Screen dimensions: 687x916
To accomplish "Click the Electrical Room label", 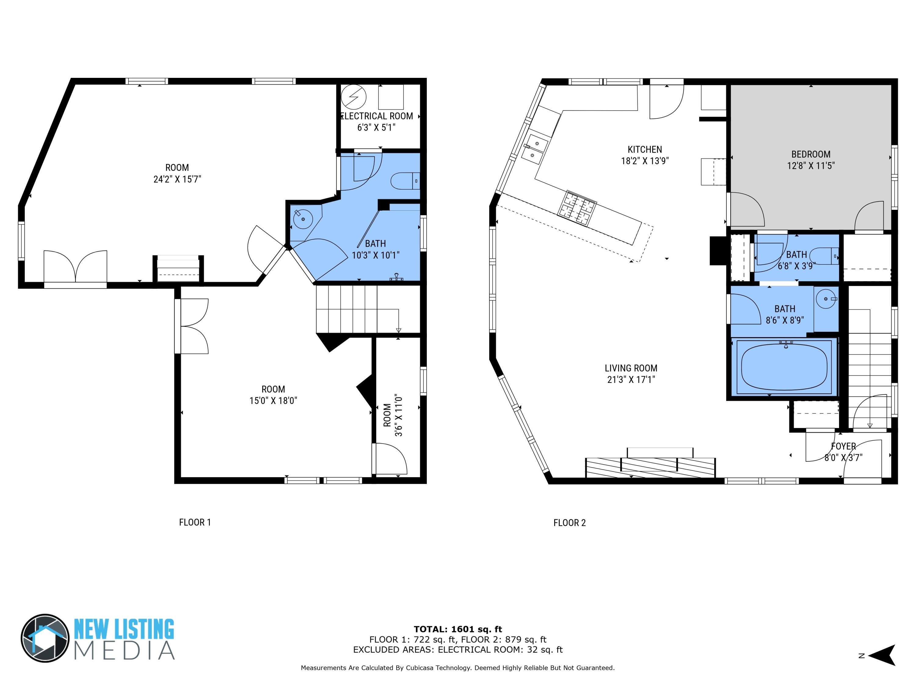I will [376, 116].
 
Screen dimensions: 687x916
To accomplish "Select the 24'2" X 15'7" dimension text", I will [177, 179].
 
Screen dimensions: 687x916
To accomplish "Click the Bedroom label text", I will [810, 154].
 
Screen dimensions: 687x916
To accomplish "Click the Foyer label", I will [843, 446].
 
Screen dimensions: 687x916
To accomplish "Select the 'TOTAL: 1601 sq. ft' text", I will [458, 629].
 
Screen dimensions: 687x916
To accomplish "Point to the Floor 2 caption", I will [569, 523].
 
